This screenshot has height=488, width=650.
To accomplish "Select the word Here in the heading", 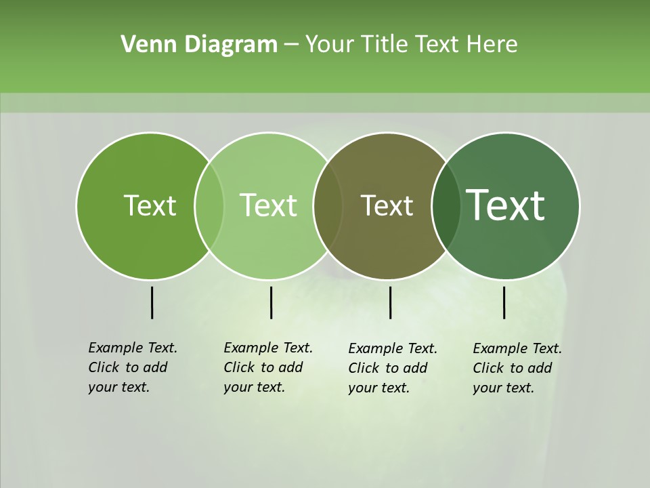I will (492, 45).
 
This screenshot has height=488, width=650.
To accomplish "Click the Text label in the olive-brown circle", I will (387, 205).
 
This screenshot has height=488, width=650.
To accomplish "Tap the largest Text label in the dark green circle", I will (505, 205).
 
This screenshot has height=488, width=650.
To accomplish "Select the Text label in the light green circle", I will (268, 205).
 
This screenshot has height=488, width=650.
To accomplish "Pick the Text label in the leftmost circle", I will (150, 205).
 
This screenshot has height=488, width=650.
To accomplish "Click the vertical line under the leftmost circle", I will (152, 302).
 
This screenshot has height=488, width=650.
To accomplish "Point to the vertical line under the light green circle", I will (271, 302).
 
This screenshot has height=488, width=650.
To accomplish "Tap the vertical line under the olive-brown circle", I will (391, 302).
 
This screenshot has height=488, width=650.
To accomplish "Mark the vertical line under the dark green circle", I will (504, 302).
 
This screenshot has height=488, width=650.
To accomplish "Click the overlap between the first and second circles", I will (209, 205).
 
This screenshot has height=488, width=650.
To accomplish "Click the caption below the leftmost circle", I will (133, 367).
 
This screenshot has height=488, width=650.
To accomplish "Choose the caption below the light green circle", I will (268, 367).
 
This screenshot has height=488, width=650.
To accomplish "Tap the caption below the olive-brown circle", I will (393, 368).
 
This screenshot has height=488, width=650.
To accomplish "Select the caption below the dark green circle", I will (517, 368).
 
